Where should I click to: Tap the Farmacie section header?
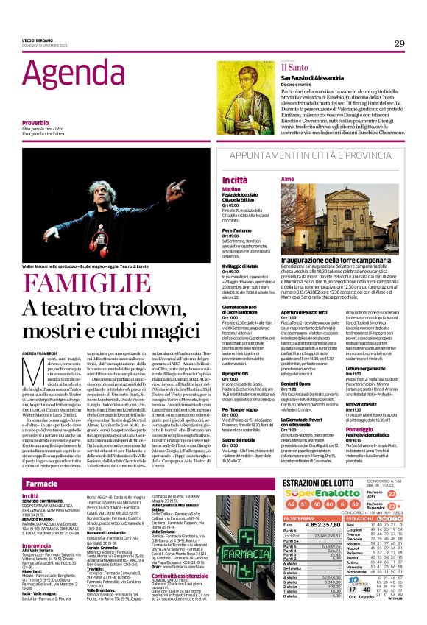[42, 484]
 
